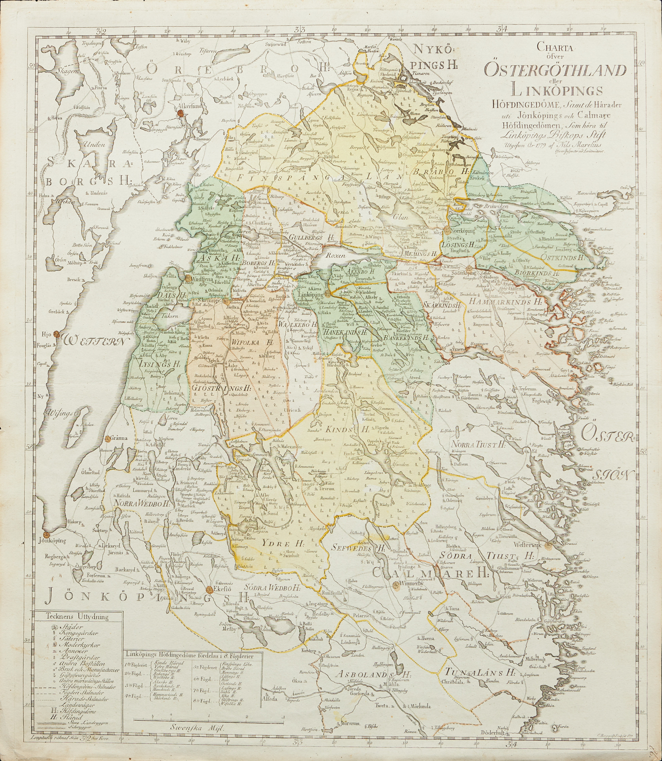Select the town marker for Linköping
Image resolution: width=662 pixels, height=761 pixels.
coord(328,295)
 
